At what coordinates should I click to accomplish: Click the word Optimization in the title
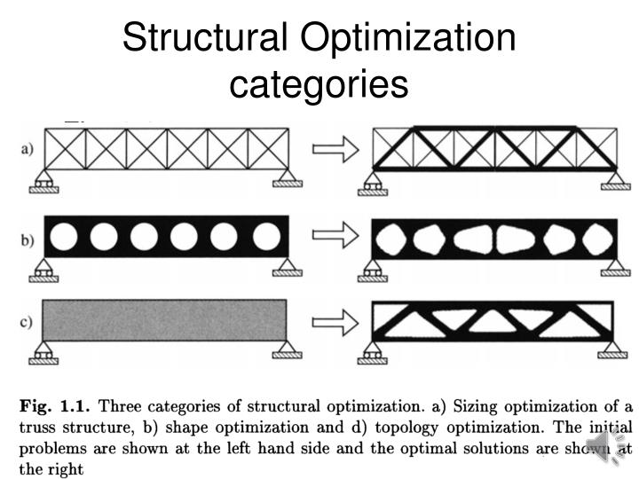pos(408,37)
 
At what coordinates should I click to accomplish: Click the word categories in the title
pos(319,84)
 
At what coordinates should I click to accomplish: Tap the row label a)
pos(27,149)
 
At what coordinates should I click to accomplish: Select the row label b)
pos(27,239)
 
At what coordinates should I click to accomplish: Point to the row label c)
pos(26,322)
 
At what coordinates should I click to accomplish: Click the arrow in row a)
pos(335,150)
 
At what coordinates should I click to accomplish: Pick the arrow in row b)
pos(335,235)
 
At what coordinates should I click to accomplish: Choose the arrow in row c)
pos(335,323)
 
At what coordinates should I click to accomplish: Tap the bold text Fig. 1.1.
pos(54,406)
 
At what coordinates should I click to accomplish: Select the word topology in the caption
pos(406,428)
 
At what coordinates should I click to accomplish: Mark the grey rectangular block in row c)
pos(165,320)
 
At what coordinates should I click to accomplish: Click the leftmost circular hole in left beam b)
pos(64,237)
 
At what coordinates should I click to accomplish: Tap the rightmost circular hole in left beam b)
pos(266,237)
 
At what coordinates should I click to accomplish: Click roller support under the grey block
pos(43,353)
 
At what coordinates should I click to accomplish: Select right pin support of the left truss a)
pos(288,178)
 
